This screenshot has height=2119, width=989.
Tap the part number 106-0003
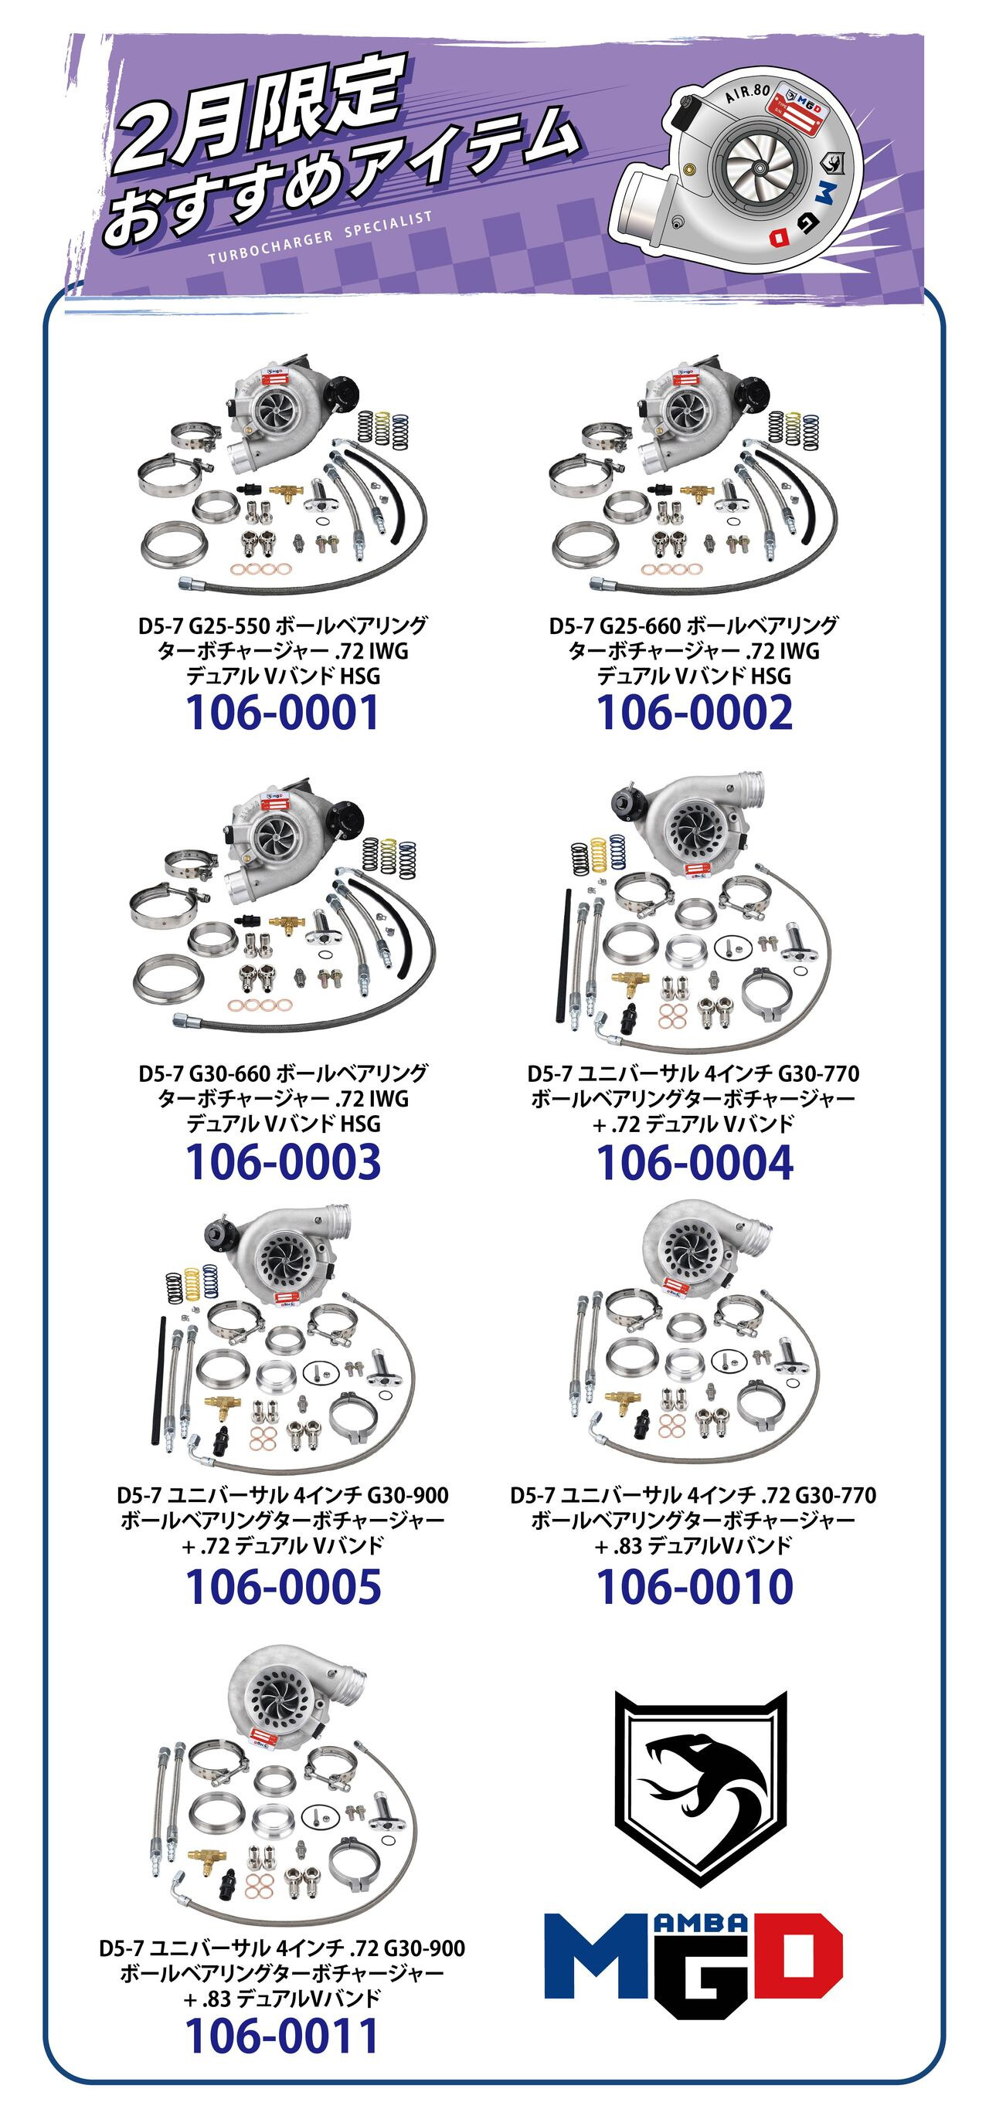pyautogui.click(x=283, y=1162)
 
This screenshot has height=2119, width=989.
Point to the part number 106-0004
pyautogui.click(x=695, y=1162)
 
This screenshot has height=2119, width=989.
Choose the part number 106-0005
pyautogui.click(x=283, y=1587)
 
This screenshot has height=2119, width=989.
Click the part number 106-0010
pyautogui.click(x=695, y=1587)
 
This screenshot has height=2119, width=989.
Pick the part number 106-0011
pyautogui.click(x=281, y=2036)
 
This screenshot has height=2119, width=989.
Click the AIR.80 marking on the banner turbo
pyautogui.click(x=748, y=93)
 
